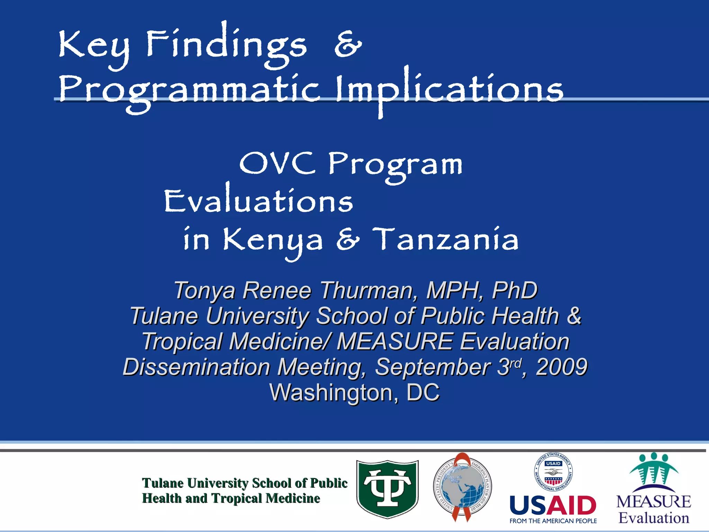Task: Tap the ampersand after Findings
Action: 348,45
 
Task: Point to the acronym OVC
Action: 277,163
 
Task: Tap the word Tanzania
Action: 446,240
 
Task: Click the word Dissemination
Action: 196,367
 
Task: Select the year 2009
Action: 562,367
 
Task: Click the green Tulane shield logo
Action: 387,488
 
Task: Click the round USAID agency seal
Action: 553,472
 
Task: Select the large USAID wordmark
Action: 553,505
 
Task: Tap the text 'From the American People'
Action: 553,521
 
